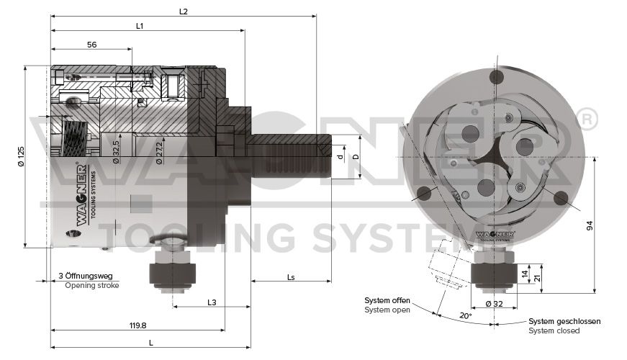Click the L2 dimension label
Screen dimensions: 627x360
[x=183, y=12]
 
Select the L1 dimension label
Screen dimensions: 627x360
[x=140, y=26]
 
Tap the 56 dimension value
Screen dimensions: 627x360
[x=92, y=45]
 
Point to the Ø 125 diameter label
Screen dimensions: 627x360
[x=21, y=156]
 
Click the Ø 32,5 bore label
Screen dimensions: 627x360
[x=116, y=152]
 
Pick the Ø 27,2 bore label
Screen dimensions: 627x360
[x=159, y=153]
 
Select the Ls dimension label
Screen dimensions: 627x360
[x=291, y=276]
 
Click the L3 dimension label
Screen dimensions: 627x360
[x=212, y=302]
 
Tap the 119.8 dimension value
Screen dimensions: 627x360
[x=138, y=325]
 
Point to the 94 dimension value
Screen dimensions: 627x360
[x=590, y=225]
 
